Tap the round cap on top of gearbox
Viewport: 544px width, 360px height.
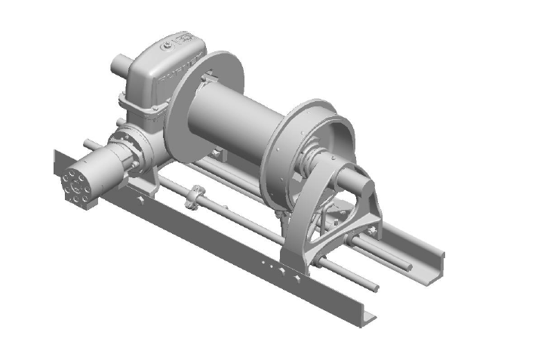pos(165,46)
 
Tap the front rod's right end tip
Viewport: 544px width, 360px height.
pos(375,288)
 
